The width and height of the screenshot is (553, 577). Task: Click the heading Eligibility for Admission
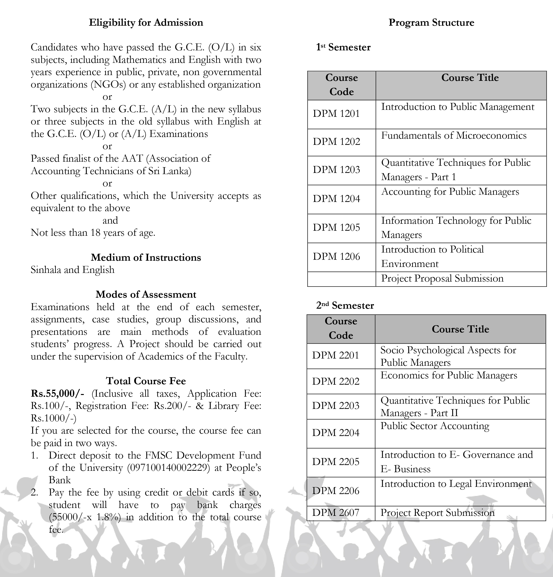[146, 23]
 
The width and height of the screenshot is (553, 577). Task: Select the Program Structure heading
[431, 23]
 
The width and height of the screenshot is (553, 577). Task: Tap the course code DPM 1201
[336, 114]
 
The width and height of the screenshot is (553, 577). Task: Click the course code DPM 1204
[336, 199]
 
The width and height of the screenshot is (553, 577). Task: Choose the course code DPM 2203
[336, 406]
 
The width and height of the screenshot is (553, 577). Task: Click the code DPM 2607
[336, 512]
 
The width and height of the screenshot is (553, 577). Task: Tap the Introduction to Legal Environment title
[456, 484]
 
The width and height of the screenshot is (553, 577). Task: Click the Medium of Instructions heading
[146, 258]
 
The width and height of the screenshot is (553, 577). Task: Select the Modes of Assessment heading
[146, 295]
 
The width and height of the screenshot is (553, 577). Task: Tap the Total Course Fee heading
[146, 381]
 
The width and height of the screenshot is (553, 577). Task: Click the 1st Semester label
[343, 47]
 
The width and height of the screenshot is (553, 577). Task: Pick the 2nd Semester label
[345, 306]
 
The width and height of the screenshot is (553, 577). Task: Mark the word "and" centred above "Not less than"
[110, 220]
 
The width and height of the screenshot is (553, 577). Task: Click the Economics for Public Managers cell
[449, 375]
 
